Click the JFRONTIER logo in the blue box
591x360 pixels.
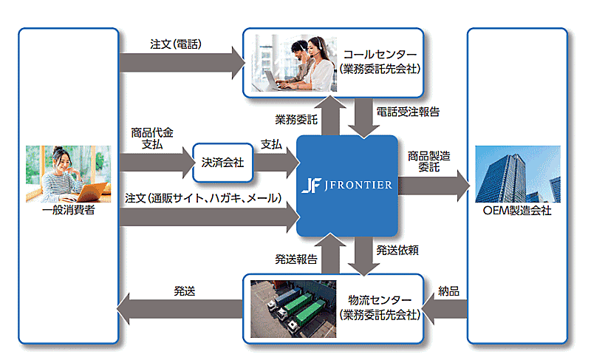pyautogui.click(x=347, y=185)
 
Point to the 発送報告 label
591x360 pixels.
pyautogui.click(x=296, y=258)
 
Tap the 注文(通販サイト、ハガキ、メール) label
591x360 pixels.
pyautogui.click(x=204, y=198)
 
